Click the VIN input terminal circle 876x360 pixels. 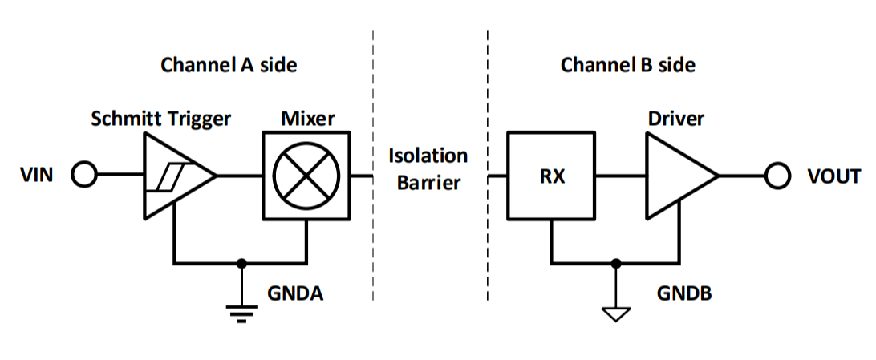pyautogui.click(x=84, y=175)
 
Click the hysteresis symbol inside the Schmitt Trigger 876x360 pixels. pyautogui.click(x=170, y=176)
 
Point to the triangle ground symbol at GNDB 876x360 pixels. pyautogui.click(x=614, y=313)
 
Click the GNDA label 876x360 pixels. pyautogui.click(x=295, y=293)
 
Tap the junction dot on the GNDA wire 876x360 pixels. pyautogui.click(x=239, y=262)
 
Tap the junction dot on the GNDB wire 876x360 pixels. pyautogui.click(x=614, y=262)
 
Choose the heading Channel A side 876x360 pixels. pyautogui.click(x=229, y=65)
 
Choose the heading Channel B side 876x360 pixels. pyautogui.click(x=627, y=65)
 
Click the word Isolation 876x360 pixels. pyautogui.click(x=428, y=155)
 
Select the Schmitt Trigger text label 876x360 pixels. pyautogui.click(x=160, y=119)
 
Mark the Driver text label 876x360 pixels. pyautogui.click(x=675, y=119)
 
